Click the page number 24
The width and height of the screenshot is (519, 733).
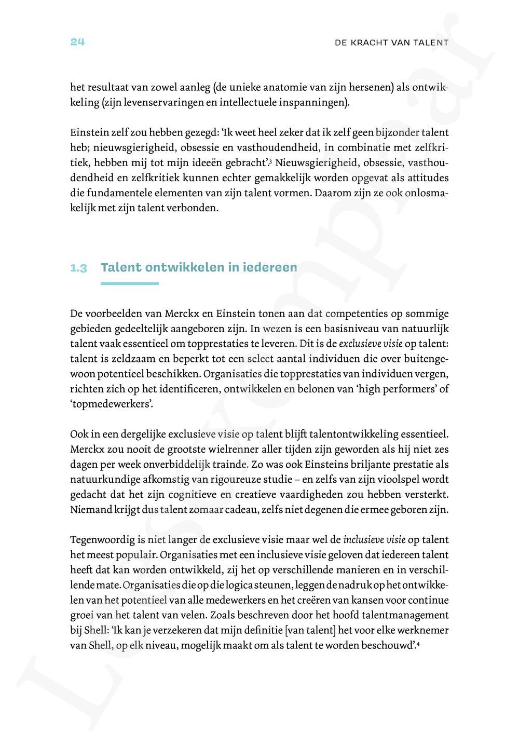click(x=77, y=42)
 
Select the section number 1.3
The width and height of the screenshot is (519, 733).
click(x=78, y=268)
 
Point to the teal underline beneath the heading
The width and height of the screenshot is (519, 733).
click(x=129, y=283)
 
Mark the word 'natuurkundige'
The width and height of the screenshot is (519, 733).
click(x=103, y=480)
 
